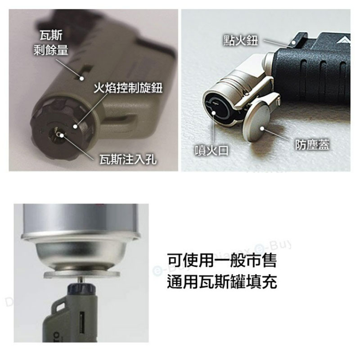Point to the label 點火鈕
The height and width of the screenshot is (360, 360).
point(241,40)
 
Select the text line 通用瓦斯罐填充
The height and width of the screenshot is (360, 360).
point(221,282)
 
